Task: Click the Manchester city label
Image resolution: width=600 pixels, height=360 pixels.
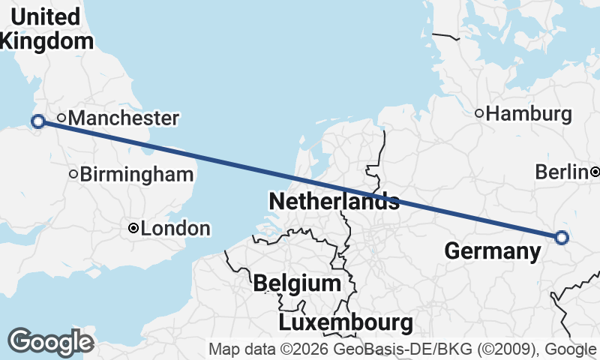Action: (127, 118)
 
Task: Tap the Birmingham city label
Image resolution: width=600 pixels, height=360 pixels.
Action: (136, 175)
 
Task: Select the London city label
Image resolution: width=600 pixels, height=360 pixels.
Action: (175, 229)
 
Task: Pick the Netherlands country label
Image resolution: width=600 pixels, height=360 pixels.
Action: (334, 201)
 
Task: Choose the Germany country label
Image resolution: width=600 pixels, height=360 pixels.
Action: (493, 251)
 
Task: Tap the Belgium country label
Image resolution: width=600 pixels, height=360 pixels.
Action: (297, 283)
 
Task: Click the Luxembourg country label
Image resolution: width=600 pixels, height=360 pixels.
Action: (346, 323)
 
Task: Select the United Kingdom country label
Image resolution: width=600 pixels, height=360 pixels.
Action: (45, 28)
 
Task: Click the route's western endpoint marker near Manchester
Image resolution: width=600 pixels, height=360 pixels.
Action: (37, 121)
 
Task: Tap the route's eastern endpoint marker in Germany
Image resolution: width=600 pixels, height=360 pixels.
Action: (562, 238)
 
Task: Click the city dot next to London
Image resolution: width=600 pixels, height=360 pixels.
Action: (133, 228)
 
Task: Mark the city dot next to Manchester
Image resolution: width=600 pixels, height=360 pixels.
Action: (61, 117)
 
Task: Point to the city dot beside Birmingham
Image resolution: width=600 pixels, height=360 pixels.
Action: (73, 174)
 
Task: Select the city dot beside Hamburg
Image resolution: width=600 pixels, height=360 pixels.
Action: (479, 113)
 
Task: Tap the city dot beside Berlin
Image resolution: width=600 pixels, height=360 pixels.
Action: (595, 172)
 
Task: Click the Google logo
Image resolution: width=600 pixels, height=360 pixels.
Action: (50, 341)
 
